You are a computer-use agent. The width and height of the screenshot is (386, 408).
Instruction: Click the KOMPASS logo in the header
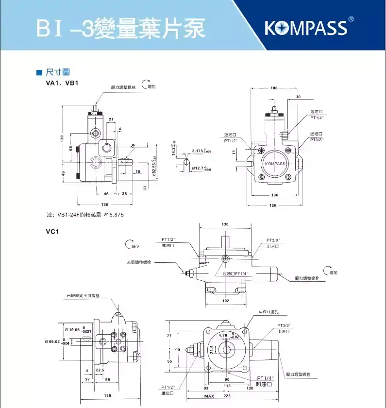pos(306,27)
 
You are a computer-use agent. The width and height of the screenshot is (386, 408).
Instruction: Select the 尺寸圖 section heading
pos(54,73)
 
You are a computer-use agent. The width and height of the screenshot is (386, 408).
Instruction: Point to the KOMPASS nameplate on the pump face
pos(275,163)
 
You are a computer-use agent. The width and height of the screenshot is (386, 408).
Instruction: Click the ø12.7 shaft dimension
pos(201,168)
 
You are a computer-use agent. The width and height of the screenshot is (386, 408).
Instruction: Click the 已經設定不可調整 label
pos(83,295)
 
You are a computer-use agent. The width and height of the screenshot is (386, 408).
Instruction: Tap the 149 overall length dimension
pos(108,396)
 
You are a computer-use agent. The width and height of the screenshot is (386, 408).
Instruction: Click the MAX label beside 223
pos(209,396)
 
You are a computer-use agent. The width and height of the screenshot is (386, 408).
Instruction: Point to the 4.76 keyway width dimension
pos(223,335)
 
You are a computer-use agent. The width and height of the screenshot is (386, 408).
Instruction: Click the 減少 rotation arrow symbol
pos(129,244)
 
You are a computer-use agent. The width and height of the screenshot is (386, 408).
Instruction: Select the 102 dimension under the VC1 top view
pos(225,301)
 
